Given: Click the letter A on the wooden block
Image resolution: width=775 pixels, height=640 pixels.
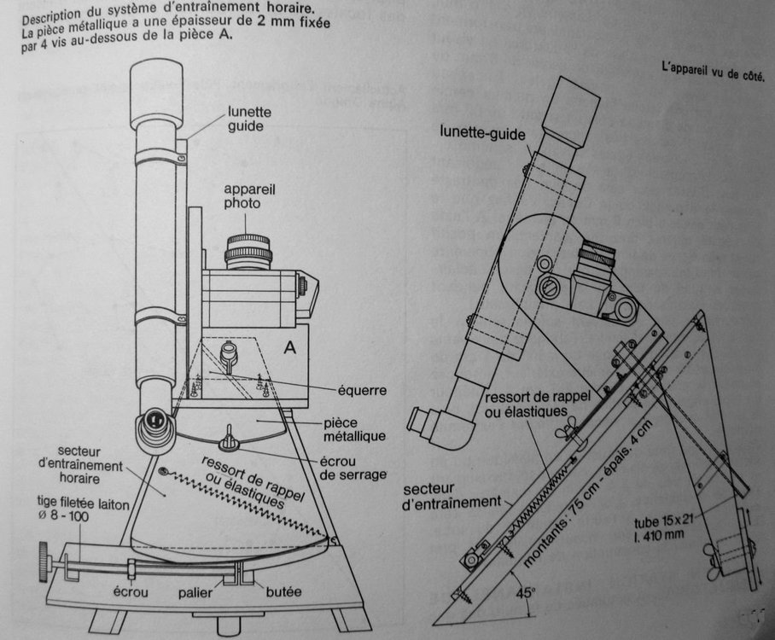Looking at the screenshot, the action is click(290, 348).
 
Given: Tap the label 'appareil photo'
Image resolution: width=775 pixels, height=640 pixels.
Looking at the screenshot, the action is click(249, 196).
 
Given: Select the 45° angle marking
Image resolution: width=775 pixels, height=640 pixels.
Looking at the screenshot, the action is click(525, 592).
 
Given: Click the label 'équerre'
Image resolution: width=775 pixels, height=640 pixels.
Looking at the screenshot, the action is click(362, 391).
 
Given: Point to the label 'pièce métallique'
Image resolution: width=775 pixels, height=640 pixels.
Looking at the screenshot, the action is click(354, 430).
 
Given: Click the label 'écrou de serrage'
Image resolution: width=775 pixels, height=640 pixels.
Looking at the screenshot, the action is click(353, 468).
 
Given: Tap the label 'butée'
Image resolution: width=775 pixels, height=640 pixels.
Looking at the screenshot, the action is click(283, 591).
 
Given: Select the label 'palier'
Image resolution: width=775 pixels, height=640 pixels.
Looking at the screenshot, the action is click(195, 593).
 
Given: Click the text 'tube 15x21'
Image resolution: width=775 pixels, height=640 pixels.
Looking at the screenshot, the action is click(664, 521).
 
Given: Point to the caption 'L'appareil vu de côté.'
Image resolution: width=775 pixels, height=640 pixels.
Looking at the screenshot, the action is click(714, 72).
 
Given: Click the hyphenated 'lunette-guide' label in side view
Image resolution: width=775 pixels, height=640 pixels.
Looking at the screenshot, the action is click(482, 132).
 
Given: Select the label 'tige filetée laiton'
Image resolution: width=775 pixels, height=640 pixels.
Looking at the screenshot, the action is click(83, 503).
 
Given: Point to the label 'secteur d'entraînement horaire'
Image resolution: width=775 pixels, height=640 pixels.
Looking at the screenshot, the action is click(80, 465).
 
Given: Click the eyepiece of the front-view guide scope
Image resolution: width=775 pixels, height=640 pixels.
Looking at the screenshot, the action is click(155, 424).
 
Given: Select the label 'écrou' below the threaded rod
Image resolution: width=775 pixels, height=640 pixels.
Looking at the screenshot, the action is click(131, 591).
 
